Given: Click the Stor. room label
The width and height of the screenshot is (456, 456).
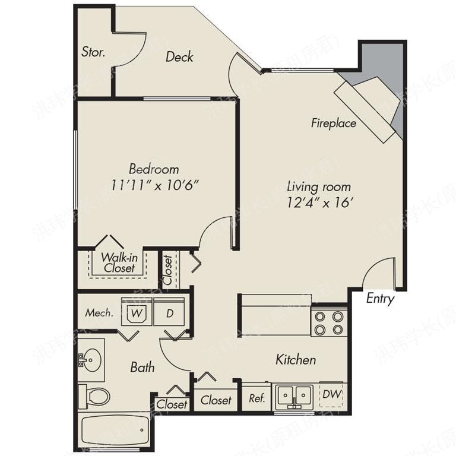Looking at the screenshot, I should click(x=93, y=52).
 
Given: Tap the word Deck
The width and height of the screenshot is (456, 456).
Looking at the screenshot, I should click(x=179, y=57).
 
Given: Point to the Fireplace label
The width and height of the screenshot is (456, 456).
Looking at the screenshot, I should click(x=334, y=123).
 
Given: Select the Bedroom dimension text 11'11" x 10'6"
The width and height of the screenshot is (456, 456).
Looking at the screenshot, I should click(x=154, y=184).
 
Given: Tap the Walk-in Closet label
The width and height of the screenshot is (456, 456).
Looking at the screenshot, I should click(x=119, y=262).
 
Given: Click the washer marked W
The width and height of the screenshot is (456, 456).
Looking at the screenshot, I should click(x=137, y=312).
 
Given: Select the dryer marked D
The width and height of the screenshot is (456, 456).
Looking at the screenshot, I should click(x=170, y=313).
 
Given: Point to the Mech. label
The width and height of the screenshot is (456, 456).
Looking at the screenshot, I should click(x=99, y=313).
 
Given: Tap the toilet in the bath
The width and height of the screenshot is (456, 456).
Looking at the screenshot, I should click(x=95, y=396).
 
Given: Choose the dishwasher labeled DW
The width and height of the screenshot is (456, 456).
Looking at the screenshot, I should click(x=334, y=394).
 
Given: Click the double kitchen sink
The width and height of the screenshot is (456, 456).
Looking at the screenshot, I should click(x=294, y=395).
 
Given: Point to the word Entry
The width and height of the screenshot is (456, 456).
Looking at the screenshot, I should click(x=380, y=299).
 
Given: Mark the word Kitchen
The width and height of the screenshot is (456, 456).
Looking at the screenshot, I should click(x=296, y=360).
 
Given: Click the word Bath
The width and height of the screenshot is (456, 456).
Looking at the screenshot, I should click(x=142, y=368).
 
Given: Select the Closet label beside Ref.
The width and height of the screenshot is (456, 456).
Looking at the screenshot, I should click(x=216, y=400).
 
